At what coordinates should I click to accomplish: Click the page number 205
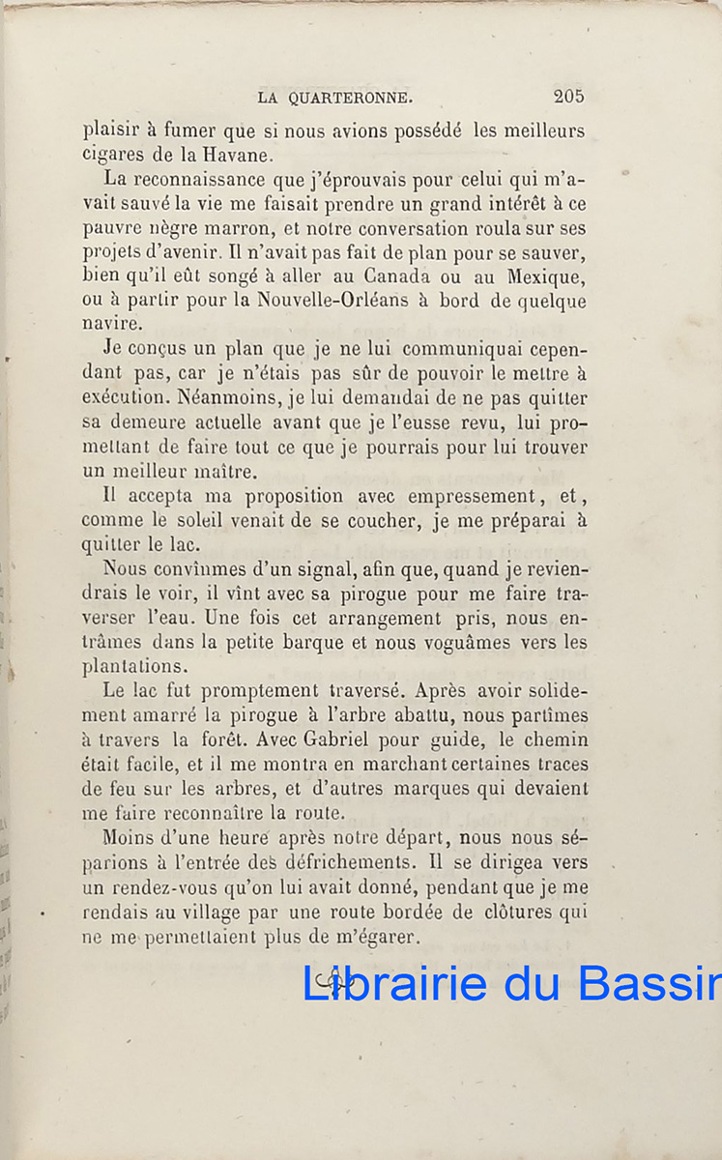point(568,96)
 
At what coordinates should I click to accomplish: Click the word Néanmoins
point(220,398)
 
